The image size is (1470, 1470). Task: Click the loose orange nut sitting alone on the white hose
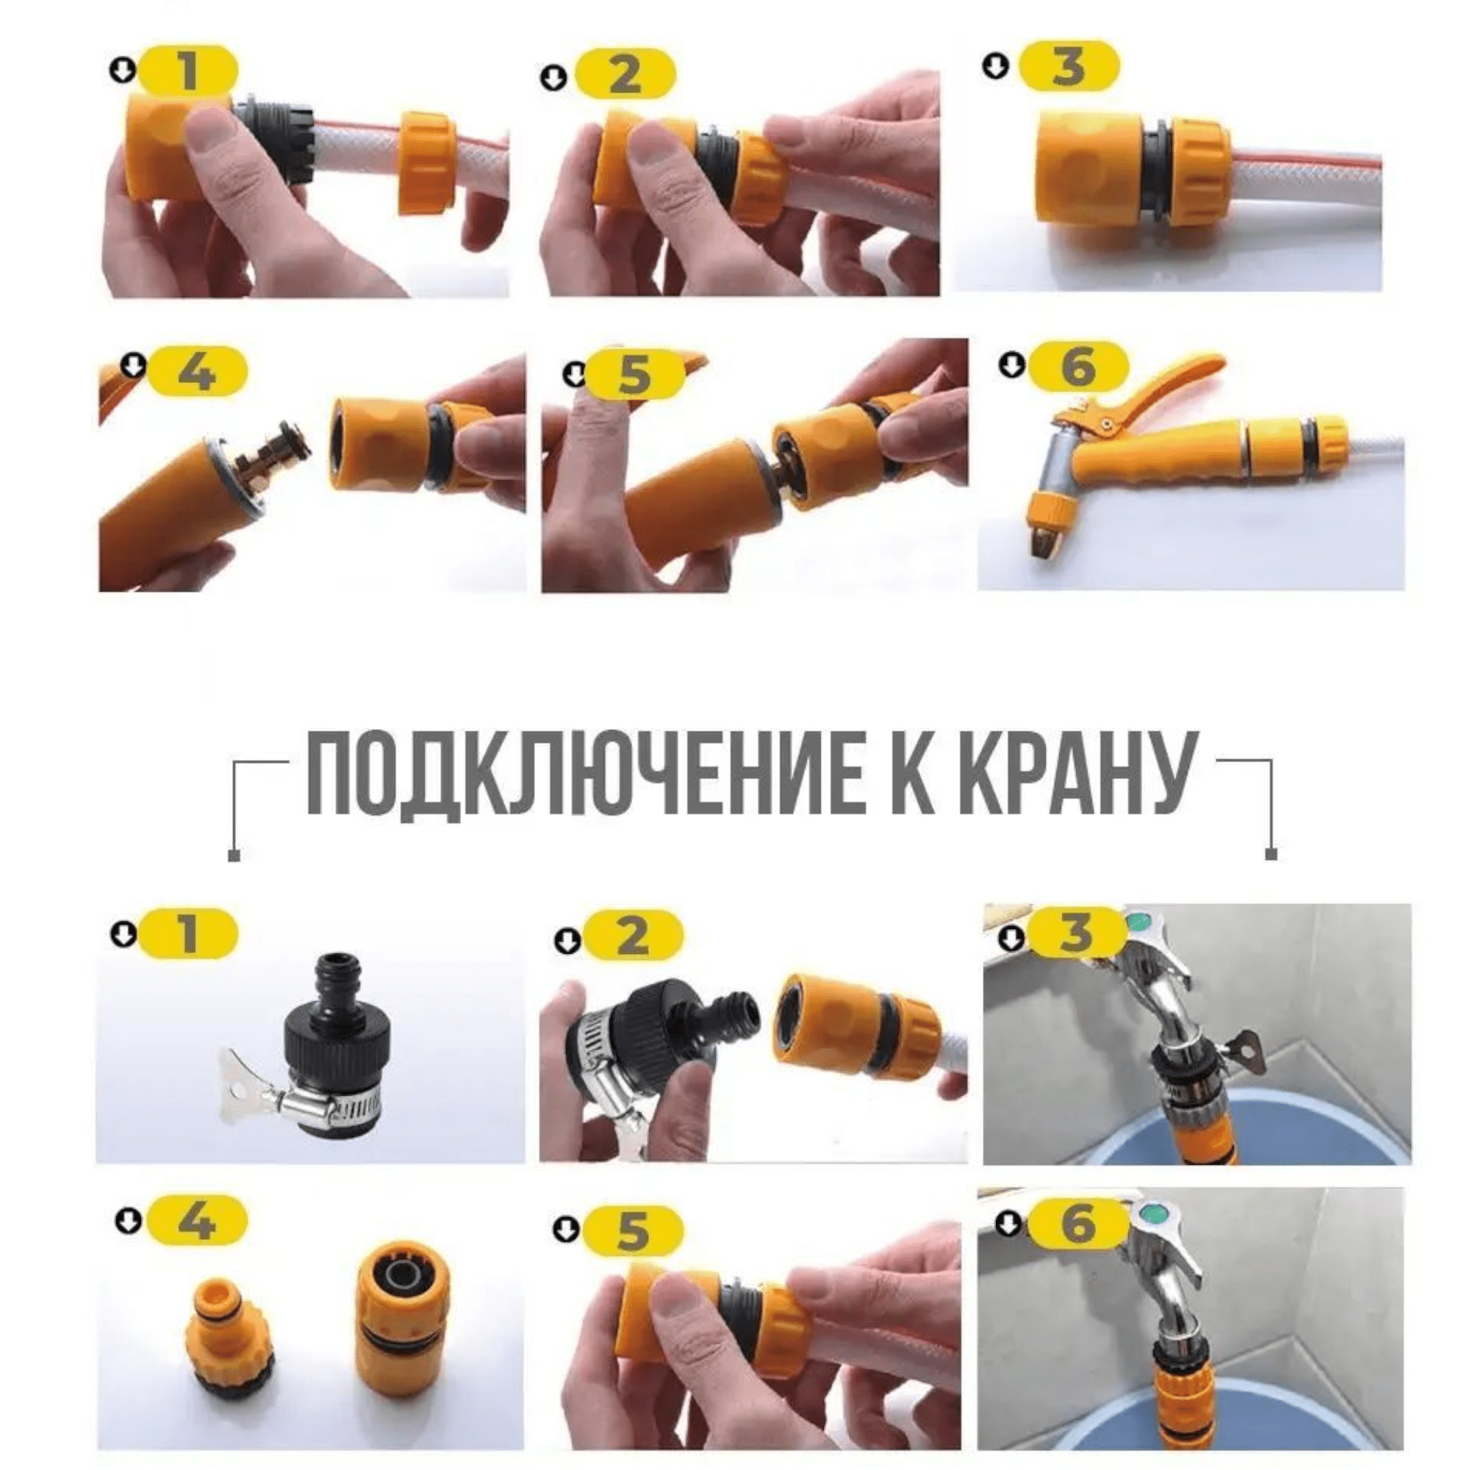426,163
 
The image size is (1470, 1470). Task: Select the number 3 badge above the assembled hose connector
1069,66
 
